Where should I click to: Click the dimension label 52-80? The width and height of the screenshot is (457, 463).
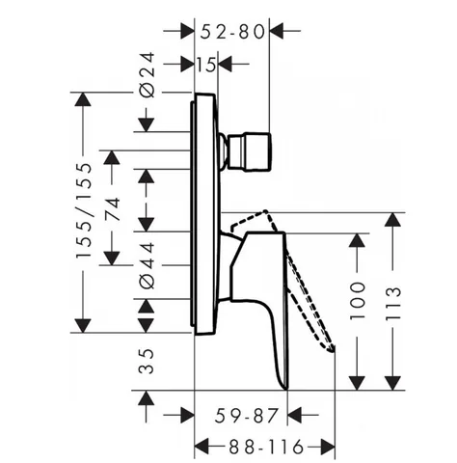pos(232,32)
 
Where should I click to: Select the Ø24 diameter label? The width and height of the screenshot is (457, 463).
pos(147,74)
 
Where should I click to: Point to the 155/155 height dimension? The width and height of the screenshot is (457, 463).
pos(84,210)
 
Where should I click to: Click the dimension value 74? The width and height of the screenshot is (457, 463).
pos(113,209)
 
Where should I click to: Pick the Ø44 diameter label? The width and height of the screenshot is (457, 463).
pos(147,265)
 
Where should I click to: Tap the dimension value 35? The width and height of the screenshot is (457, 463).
pos(147,361)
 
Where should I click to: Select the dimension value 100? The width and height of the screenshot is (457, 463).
pos(358,301)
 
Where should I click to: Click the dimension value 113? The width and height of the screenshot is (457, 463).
pos(393,303)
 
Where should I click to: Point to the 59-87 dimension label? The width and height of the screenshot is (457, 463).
pos(246,415)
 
